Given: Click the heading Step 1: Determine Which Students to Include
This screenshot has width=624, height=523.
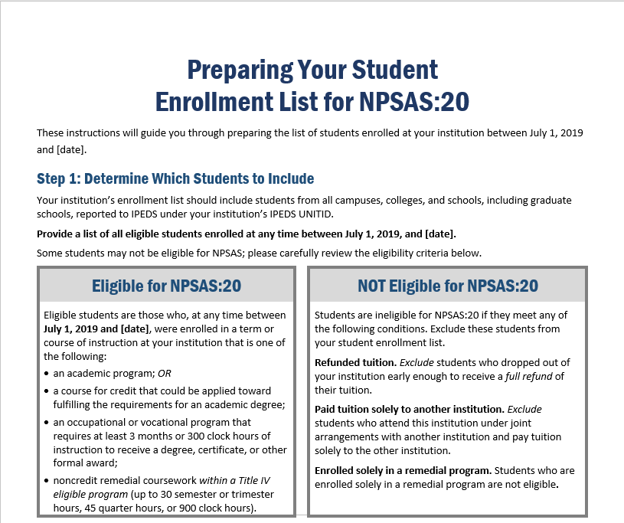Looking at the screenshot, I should pos(175,179).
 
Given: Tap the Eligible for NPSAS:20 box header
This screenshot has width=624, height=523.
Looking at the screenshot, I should pos(166,286).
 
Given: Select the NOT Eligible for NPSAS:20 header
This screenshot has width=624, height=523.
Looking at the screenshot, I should pos(447,286).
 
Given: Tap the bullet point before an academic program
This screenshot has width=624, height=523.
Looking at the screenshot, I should pos(47,374).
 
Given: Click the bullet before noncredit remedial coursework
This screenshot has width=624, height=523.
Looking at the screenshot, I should pos(47,481).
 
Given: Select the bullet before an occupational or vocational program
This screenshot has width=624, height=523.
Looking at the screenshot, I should pos(47,423).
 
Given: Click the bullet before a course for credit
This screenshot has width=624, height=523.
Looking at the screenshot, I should pos(47,391).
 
